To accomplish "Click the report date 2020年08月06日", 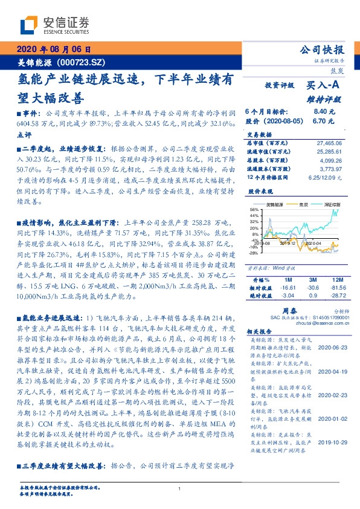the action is pyautogui.click(x=54, y=50).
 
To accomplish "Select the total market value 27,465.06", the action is pyautogui.click(x=330, y=141).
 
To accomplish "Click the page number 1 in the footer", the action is pyautogui.click(x=179, y=488).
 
